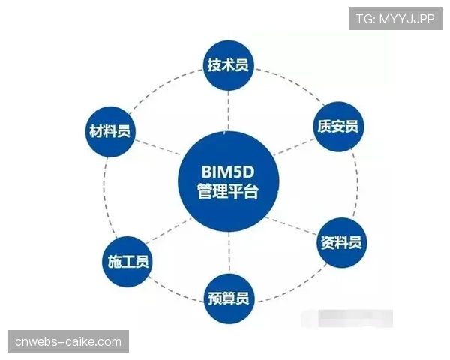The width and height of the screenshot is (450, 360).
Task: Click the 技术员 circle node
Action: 228,65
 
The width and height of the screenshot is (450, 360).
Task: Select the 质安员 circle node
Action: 335,126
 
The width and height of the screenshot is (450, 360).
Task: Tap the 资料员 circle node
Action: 341,242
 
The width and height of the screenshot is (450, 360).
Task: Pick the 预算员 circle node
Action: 228,299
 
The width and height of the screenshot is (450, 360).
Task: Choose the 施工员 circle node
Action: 125,262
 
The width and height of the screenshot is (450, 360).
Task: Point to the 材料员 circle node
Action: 109,132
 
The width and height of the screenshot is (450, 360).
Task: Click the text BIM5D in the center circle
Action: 228,170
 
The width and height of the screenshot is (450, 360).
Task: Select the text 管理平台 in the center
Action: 228,192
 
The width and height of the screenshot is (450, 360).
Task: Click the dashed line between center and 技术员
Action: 228,111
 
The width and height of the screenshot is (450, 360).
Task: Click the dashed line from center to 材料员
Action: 157,151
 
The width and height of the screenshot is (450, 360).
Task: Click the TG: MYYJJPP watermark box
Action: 394,19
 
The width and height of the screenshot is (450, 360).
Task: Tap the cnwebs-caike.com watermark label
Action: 68,342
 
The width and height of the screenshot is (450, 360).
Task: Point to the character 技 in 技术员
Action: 214,65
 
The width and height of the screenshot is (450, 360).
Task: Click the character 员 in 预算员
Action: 241,299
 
